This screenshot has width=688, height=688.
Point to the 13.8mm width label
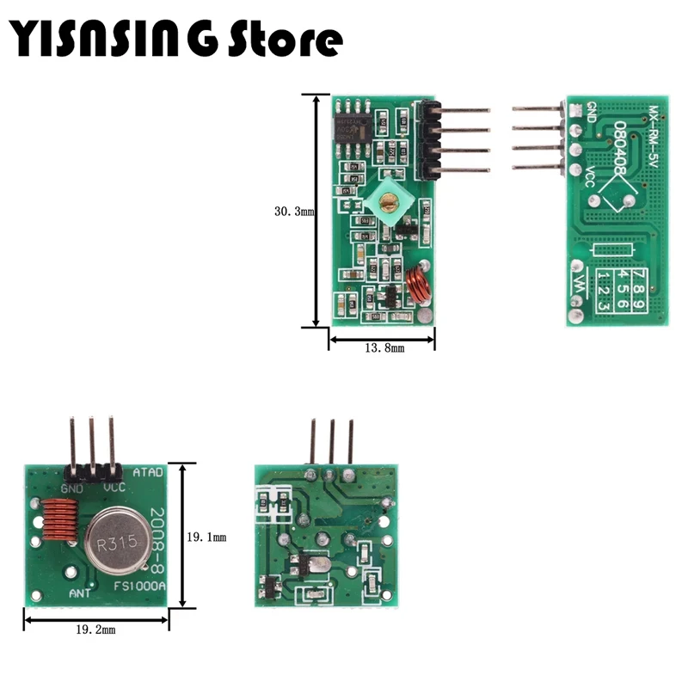pos(382,348)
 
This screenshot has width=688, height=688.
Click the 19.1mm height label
pos(206,537)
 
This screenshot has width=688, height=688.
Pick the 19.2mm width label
pos(95,630)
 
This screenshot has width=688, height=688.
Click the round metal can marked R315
pos(116,540)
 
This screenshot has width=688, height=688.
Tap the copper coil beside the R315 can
pos(55,527)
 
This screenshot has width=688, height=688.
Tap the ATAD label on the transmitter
pos(147,471)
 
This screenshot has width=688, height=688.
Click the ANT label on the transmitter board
pos(81,594)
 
